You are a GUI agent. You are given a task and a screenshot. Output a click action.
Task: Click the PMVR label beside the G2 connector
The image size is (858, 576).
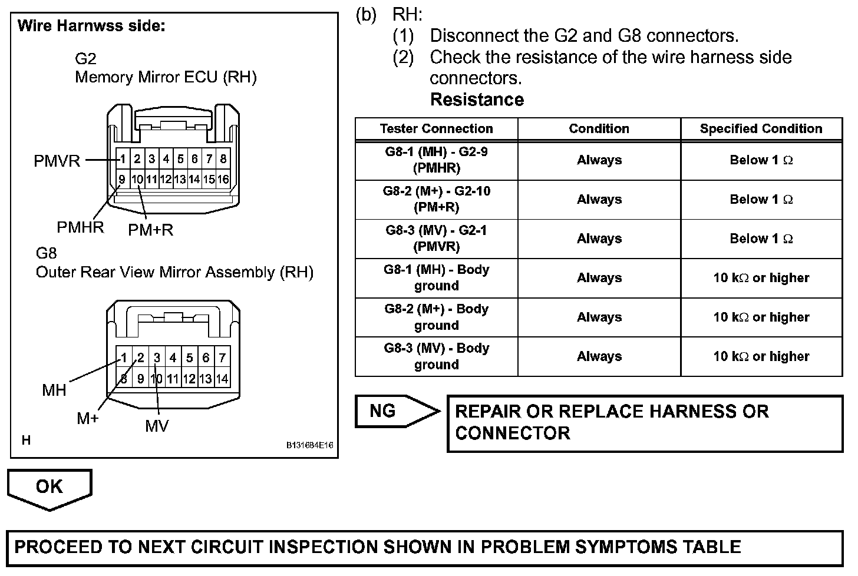(x=57, y=161)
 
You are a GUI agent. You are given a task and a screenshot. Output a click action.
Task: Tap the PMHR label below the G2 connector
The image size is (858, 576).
(x=80, y=227)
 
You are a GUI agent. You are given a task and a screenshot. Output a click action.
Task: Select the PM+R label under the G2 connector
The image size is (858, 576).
(x=151, y=230)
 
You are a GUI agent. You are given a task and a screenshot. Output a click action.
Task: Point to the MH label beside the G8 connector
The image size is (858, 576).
(x=54, y=390)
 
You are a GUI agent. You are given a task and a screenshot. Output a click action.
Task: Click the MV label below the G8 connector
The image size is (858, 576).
(x=157, y=426)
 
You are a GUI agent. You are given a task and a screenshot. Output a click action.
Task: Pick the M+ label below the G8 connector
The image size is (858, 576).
(x=88, y=419)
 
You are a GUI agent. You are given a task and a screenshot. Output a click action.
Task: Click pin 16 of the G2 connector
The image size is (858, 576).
(x=223, y=179)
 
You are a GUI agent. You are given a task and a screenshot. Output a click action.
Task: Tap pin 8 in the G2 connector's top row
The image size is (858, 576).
(x=223, y=158)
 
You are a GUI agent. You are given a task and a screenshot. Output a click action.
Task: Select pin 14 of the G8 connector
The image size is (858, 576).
(x=222, y=379)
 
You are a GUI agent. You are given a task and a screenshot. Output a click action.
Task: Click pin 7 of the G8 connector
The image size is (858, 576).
(x=222, y=357)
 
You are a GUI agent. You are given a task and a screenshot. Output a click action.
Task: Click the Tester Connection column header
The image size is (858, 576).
(x=436, y=129)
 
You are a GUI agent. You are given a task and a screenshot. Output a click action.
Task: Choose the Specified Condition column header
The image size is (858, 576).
(x=761, y=129)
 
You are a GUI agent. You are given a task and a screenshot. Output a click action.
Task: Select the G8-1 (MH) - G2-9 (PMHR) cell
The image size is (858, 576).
(x=436, y=160)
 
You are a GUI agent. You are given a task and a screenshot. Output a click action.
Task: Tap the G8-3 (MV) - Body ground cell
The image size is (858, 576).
(x=436, y=356)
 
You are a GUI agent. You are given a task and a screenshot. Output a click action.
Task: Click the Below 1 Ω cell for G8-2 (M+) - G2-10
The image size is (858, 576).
(x=761, y=200)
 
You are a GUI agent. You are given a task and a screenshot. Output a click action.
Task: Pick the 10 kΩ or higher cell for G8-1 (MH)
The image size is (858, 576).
(x=761, y=278)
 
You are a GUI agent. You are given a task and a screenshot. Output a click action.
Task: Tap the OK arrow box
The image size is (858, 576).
(x=49, y=487)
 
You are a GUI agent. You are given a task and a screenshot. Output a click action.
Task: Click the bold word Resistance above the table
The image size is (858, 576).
(x=477, y=100)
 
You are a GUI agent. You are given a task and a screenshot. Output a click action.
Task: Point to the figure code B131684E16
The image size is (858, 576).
(x=309, y=445)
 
